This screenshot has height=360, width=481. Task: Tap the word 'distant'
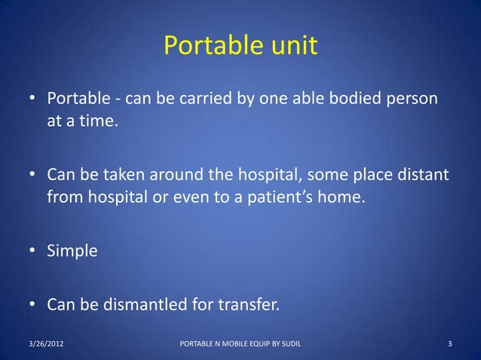422,175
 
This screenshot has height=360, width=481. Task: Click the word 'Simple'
72,252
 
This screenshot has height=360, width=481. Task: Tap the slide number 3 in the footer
449,345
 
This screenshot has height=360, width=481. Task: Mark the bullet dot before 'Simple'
33,252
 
